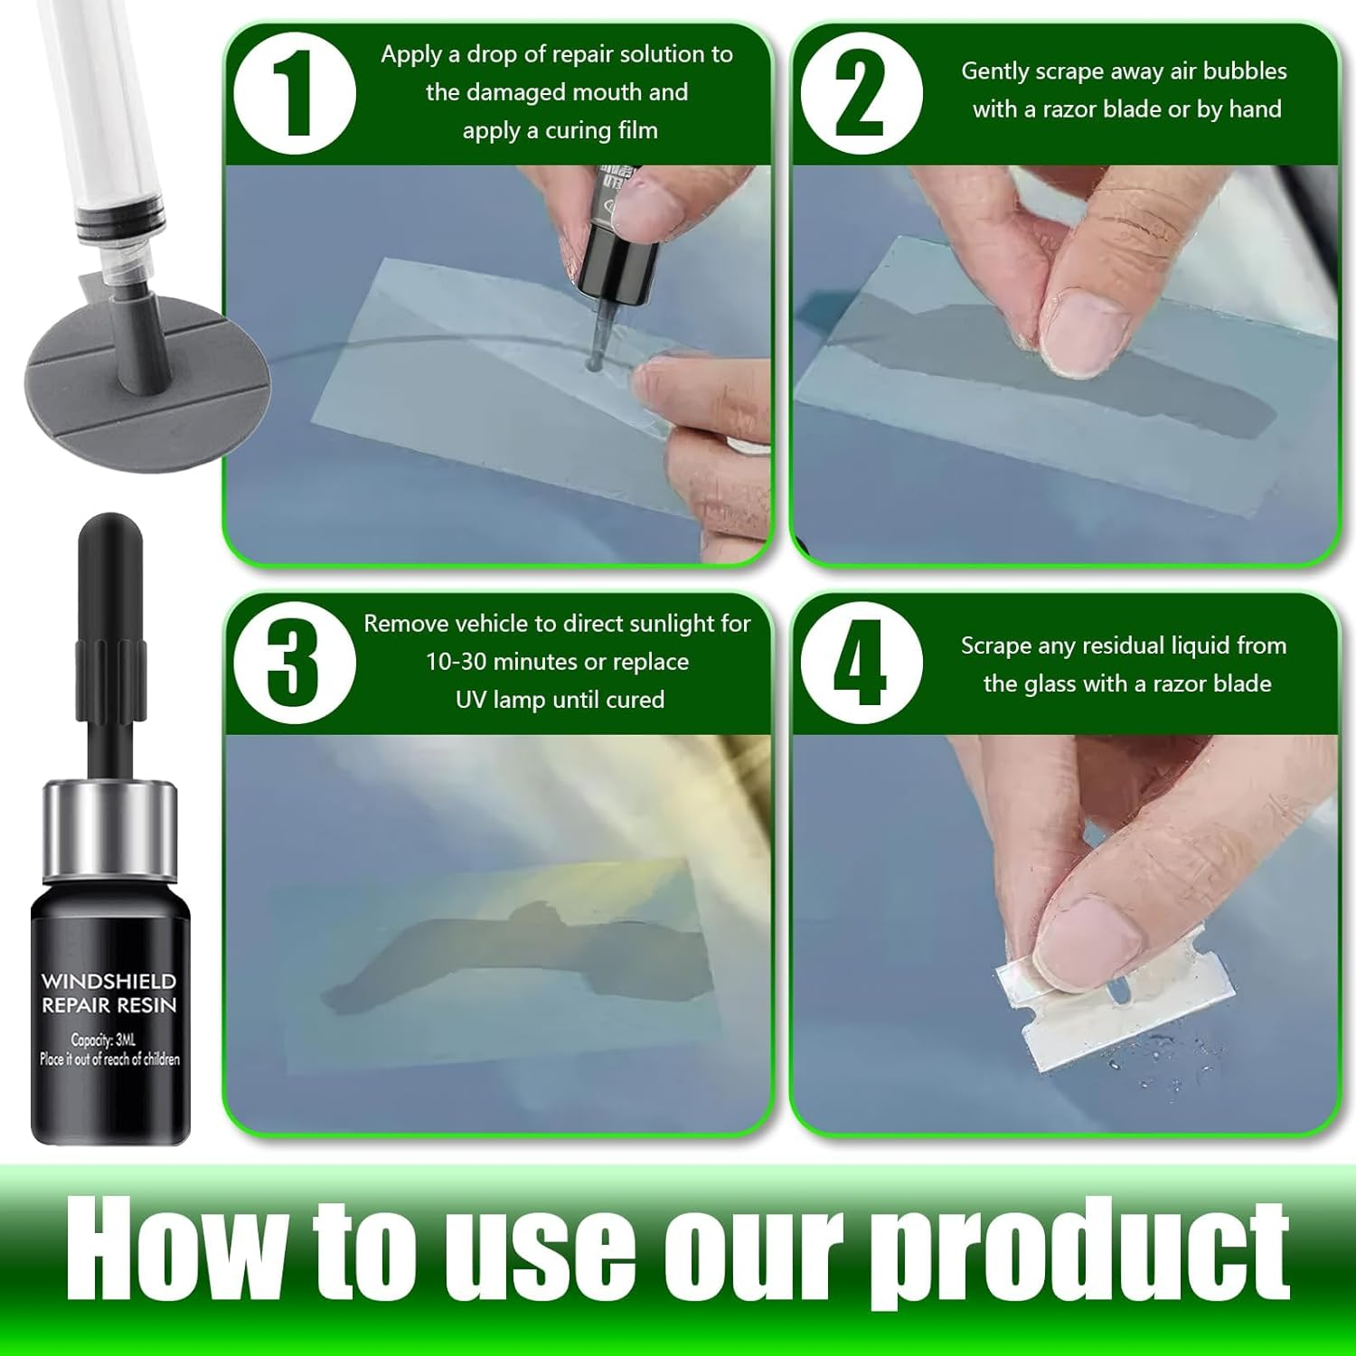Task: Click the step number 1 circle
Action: point(294,94)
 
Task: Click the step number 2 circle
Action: point(861,94)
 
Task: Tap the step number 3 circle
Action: point(294,663)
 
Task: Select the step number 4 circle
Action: point(861,663)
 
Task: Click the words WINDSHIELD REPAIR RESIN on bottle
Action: point(108,993)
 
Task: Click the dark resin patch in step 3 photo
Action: point(506,958)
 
